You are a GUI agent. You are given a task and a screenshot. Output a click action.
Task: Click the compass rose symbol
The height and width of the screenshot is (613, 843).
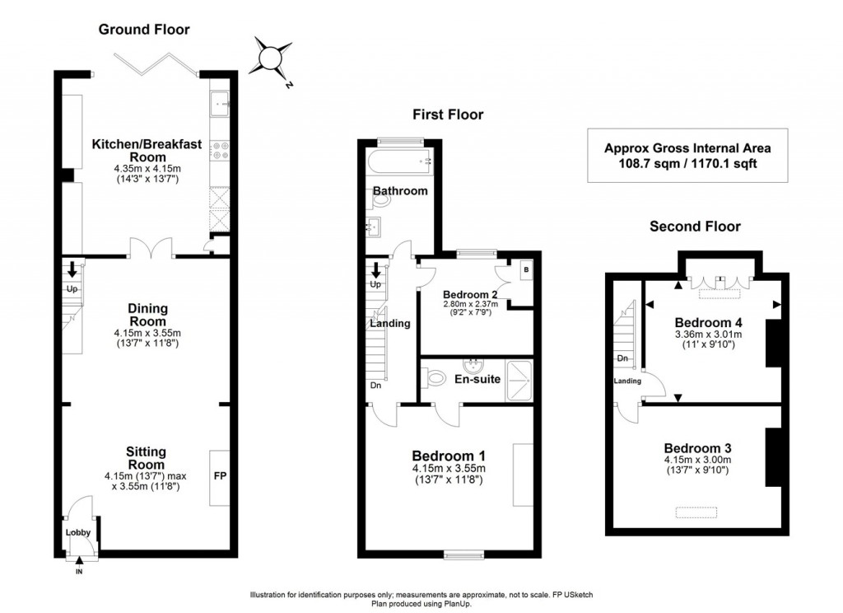point(272,58)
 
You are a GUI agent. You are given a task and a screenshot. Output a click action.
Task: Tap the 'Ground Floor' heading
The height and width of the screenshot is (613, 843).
point(144,30)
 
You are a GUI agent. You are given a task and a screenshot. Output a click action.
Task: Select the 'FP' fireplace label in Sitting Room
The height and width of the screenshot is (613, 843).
point(220,477)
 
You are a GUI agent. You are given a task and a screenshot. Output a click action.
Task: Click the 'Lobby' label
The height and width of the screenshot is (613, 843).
point(78,532)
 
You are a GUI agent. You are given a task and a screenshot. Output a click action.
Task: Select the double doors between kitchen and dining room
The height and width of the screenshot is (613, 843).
point(151,248)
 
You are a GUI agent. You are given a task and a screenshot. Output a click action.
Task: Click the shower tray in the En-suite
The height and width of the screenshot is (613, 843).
point(519,381)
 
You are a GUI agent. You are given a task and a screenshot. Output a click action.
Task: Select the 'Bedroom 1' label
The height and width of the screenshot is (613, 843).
point(449,456)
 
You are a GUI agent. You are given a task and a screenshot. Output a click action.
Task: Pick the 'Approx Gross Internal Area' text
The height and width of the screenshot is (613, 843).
point(687,148)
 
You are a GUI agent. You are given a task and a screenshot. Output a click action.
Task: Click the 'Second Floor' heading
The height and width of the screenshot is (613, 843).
point(695,227)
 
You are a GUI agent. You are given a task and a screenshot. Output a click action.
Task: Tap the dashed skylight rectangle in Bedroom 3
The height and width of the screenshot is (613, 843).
point(695,513)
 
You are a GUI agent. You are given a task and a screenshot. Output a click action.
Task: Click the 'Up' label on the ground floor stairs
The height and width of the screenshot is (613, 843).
point(72,289)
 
